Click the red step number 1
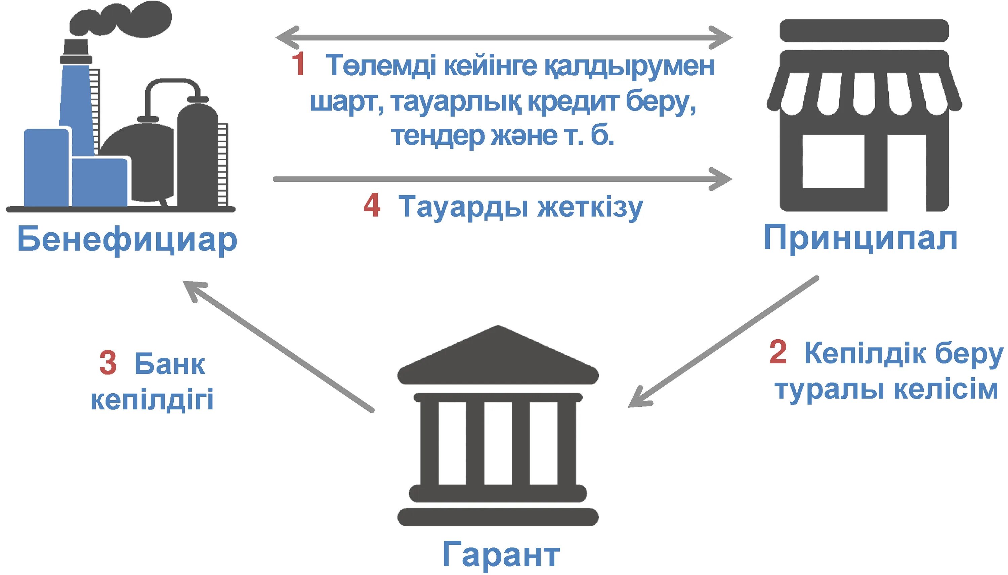tap(298, 64)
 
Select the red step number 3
tap(108, 363)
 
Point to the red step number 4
tap(372, 206)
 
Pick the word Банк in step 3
tap(169, 364)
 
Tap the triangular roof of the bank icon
tap(498, 355)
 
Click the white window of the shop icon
tap(833, 161)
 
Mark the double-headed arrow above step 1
tap(504, 38)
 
